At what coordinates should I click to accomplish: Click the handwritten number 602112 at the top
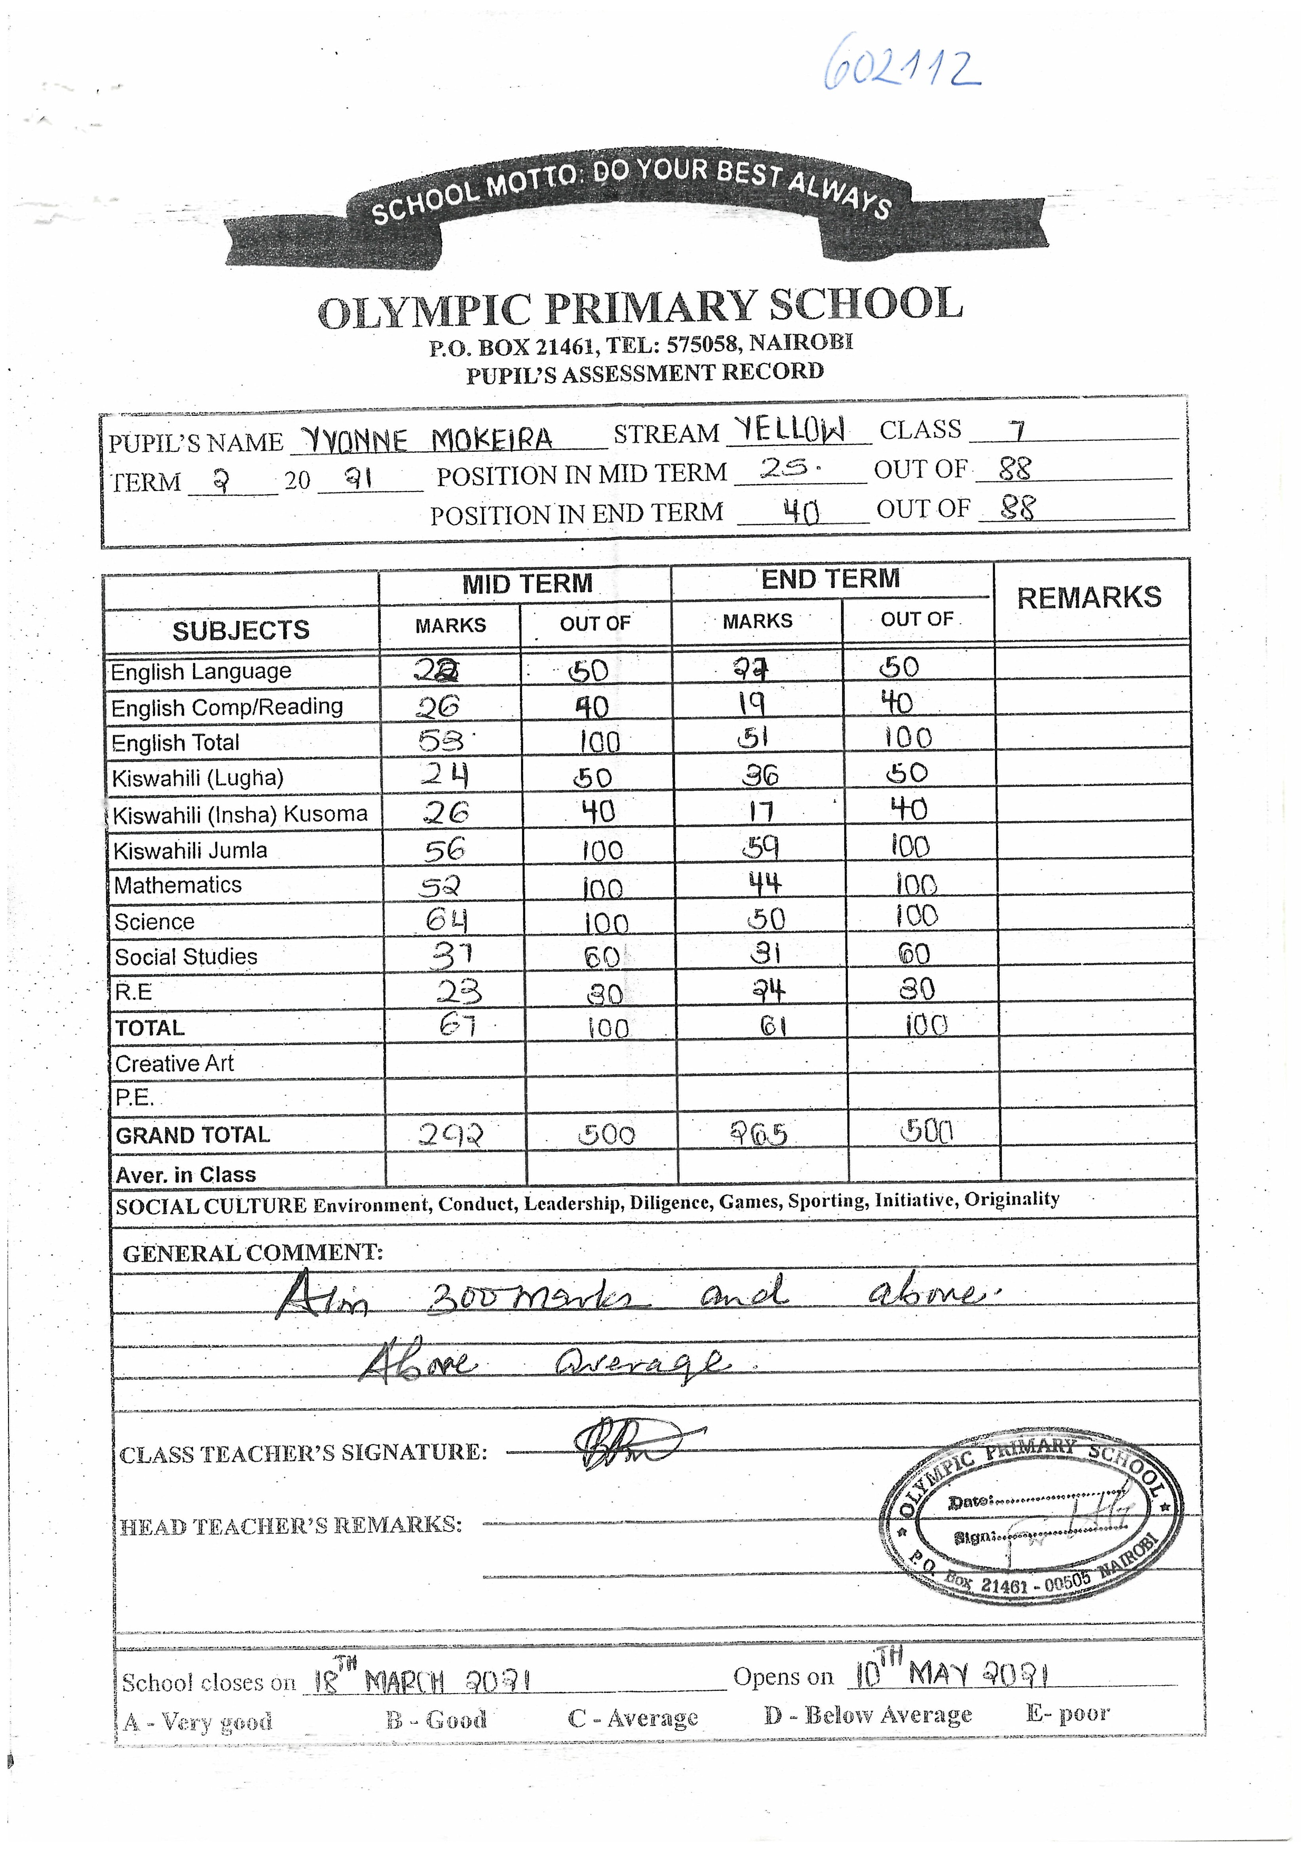click(902, 65)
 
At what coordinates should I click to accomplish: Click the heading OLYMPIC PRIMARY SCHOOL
click(640, 308)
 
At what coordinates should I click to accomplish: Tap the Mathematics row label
click(178, 886)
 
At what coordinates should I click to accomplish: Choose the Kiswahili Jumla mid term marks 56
click(445, 849)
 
